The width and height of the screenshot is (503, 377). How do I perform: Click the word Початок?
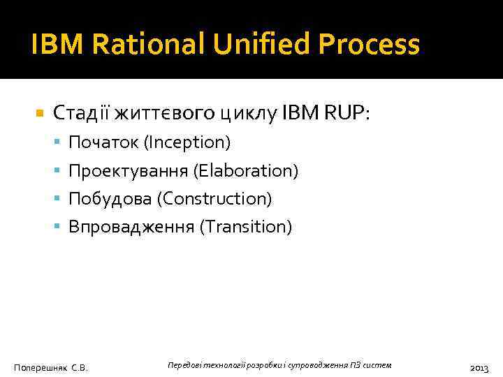(103, 143)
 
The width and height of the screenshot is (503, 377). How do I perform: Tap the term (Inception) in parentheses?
(187, 143)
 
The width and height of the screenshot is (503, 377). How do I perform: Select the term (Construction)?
(214, 199)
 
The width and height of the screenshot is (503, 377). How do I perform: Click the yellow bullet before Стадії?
(40, 112)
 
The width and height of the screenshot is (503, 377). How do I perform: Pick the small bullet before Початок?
(58, 144)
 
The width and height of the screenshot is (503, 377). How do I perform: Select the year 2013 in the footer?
(479, 367)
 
